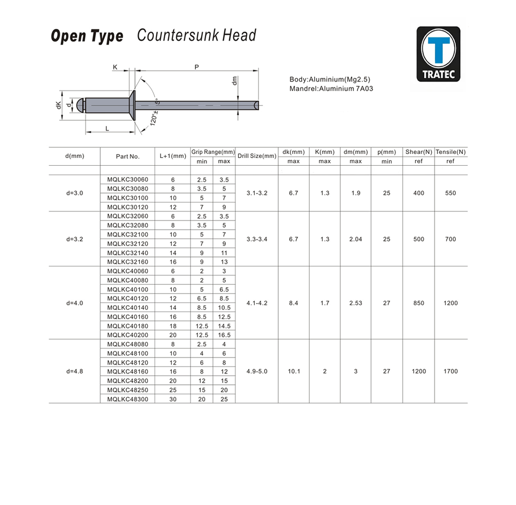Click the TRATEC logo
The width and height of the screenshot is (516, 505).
pyautogui.click(x=438, y=54)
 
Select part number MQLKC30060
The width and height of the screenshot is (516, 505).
pyautogui.click(x=128, y=180)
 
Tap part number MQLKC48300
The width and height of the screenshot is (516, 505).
pyautogui.click(x=128, y=399)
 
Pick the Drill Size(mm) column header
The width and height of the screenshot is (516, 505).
pyautogui.click(x=257, y=156)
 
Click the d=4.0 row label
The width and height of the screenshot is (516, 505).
pyautogui.click(x=75, y=303)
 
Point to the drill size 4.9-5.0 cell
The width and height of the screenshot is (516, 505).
pyautogui.click(x=257, y=371)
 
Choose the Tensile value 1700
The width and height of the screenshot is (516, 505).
pyautogui.click(x=450, y=371)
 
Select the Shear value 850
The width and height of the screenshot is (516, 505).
pyautogui.click(x=418, y=303)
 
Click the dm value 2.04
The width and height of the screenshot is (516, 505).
pyautogui.click(x=356, y=239)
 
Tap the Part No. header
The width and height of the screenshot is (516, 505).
pyautogui.click(x=128, y=156)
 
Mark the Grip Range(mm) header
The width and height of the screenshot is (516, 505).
pyautogui.click(x=213, y=152)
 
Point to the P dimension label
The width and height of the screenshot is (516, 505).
pyautogui.click(x=196, y=67)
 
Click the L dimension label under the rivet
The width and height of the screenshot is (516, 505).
pyautogui.click(x=107, y=129)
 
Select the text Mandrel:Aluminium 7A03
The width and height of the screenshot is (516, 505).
pyautogui.click(x=331, y=89)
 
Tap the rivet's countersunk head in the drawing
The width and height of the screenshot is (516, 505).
pyautogui.click(x=132, y=105)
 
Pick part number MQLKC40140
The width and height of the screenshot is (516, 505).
pyautogui.click(x=128, y=308)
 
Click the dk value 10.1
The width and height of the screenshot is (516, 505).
pyautogui.click(x=294, y=371)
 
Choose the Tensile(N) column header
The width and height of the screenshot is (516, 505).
pyautogui.click(x=450, y=152)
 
